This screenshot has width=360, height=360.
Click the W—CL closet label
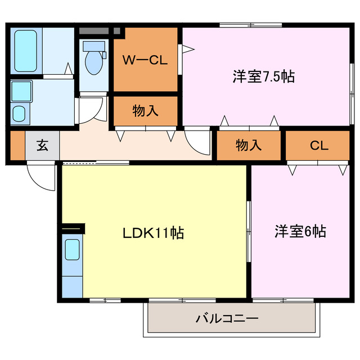[x=145, y=60]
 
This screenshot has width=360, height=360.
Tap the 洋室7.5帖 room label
[x=263, y=77]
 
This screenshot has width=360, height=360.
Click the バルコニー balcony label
[x=227, y=319]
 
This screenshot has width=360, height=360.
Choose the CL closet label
[x=318, y=145]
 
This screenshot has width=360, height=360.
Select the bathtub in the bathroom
[x=26, y=49]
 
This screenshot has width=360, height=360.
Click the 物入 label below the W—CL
[x=145, y=111]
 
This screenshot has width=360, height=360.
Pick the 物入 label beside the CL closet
[x=248, y=145]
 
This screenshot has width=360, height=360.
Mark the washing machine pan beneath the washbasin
[x=20, y=113]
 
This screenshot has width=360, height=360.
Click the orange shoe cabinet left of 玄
[x=17, y=145]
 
